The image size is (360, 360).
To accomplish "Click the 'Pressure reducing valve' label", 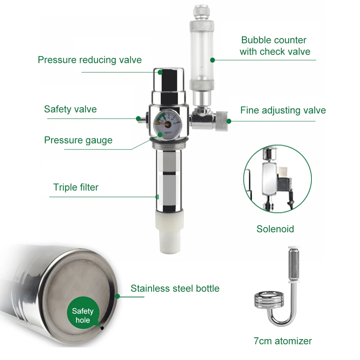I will pyautogui.click(x=90, y=60).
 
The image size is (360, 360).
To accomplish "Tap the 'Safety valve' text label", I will pyautogui.click(x=71, y=109).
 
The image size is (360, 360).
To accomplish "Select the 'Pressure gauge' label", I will pyautogui.click(x=78, y=140).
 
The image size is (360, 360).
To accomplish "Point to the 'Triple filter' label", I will pyautogui.click(x=76, y=187).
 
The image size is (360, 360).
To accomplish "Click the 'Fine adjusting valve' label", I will pyautogui.click(x=283, y=110).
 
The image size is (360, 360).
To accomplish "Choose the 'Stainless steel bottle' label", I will pyautogui.click(x=175, y=288).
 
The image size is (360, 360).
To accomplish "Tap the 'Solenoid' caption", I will pyautogui.click(x=275, y=229).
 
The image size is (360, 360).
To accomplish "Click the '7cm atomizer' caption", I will pyautogui.click(x=283, y=341).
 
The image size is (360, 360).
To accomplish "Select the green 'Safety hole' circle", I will pyautogui.click(x=82, y=315).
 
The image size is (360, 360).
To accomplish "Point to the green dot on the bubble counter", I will pyautogui.click(x=212, y=60).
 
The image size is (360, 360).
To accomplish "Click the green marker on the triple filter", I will pyautogui.click(x=157, y=197).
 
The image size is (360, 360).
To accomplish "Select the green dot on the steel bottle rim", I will pyautogui.click(x=117, y=296).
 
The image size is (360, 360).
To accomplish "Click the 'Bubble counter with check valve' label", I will pyautogui.click(x=275, y=46).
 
